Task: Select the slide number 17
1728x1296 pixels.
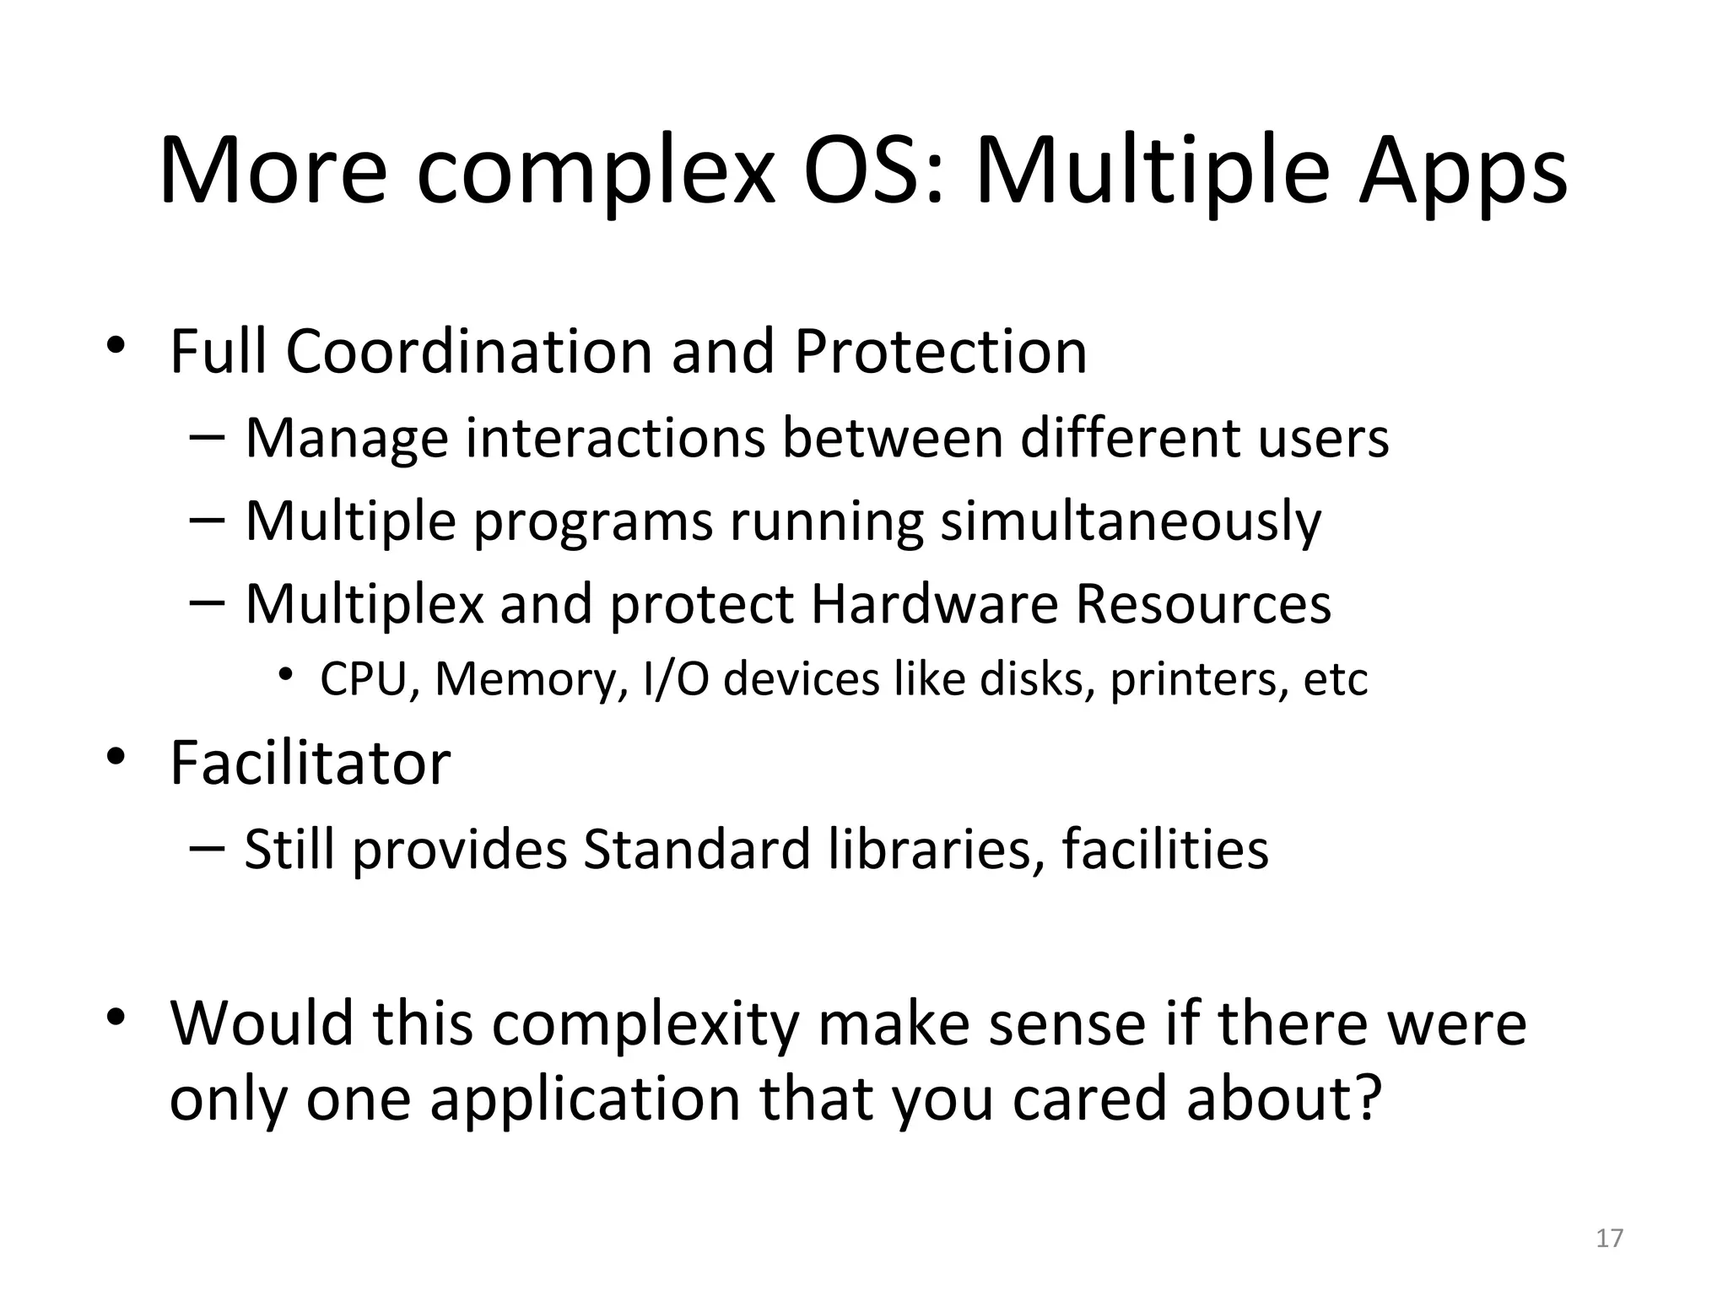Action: (x=1610, y=1238)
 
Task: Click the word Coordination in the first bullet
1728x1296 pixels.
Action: (x=469, y=351)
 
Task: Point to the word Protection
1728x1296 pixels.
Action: (x=940, y=351)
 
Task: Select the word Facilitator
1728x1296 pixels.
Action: (x=310, y=764)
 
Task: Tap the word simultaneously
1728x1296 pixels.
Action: (x=1131, y=521)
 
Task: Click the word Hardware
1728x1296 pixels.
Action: (x=933, y=604)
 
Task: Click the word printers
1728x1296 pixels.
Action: (x=1198, y=680)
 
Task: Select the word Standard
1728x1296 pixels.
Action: (x=697, y=849)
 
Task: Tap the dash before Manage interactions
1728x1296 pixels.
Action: (x=208, y=438)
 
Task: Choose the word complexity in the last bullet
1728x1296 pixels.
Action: (x=645, y=1024)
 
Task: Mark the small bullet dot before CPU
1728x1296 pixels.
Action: (x=287, y=673)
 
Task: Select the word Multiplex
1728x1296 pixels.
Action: (x=364, y=606)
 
